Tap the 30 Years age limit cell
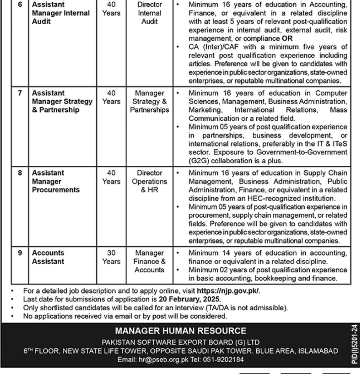pyautogui.click(x=111, y=257)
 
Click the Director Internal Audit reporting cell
pyautogui.click(x=149, y=13)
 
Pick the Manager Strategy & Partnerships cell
pyautogui.click(x=149, y=101)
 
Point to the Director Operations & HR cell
pyautogui.click(x=149, y=181)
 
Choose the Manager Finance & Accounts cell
pyautogui.click(x=149, y=261)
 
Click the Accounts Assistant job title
pyautogui.click(x=48, y=257)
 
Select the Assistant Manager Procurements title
pyautogui.click(x=56, y=181)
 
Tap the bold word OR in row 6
pyautogui.click(x=287, y=39)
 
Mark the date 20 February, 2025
pyautogui.click(x=190, y=299)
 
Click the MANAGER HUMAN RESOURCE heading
pyautogui.click(x=181, y=331)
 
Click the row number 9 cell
pyautogui.click(x=20, y=253)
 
